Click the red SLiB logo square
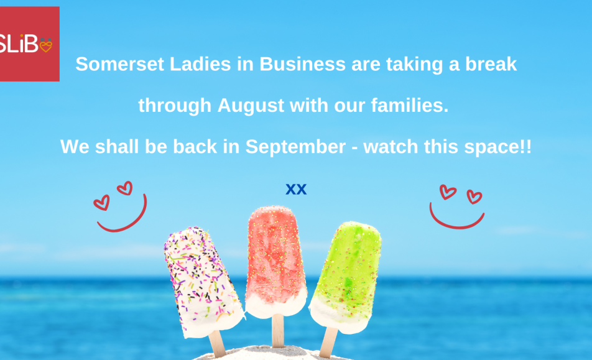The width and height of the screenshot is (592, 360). (x=29, y=44)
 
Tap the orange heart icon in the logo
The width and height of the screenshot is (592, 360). (x=46, y=45)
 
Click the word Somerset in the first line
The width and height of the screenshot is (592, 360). (x=119, y=64)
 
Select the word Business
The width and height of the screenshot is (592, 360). (x=302, y=64)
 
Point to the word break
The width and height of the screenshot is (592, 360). (x=491, y=64)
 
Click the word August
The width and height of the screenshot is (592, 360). (x=251, y=106)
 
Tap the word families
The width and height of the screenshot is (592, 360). (x=410, y=105)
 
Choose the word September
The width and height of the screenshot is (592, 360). (x=295, y=147)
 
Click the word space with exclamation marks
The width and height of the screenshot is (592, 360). (x=498, y=147)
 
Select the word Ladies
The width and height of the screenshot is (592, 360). (x=200, y=64)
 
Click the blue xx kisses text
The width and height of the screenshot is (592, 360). (x=296, y=189)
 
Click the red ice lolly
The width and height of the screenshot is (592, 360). (x=275, y=261)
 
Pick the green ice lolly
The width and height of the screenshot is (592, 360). (x=346, y=277)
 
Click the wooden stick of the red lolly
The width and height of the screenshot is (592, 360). (x=278, y=331)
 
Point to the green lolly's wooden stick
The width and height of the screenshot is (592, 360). (x=328, y=342)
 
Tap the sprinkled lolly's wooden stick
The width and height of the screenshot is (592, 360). (x=216, y=344)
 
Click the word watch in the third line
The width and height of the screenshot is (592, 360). (x=391, y=147)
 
